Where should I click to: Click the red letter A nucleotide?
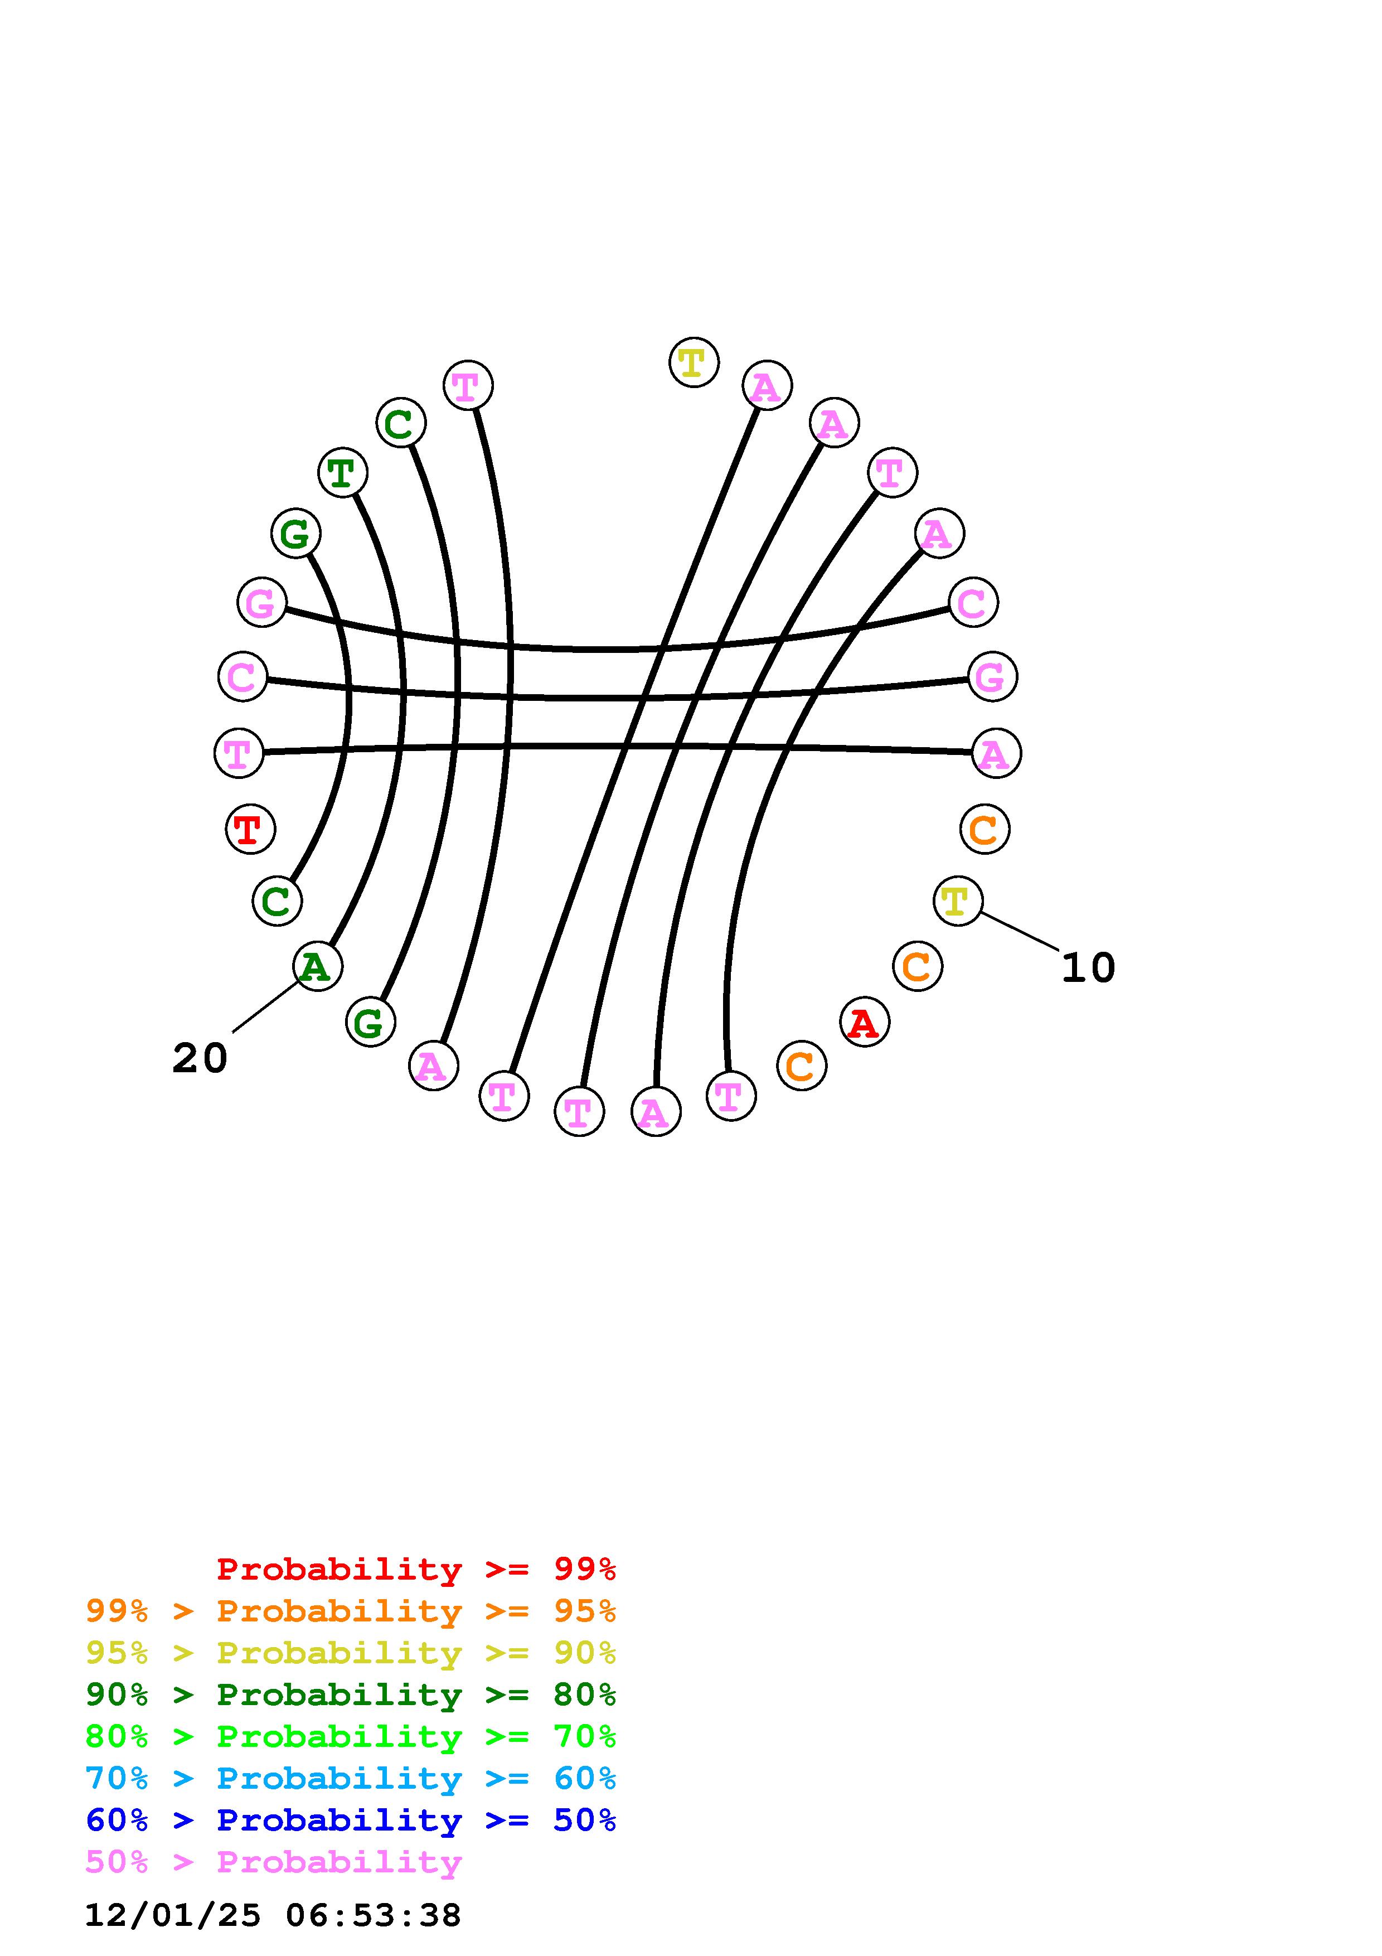point(864,1021)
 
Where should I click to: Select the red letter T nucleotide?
point(250,828)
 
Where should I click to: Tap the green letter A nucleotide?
point(317,966)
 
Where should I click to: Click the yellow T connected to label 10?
point(957,900)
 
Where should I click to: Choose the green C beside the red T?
point(277,900)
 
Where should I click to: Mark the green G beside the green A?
point(370,1021)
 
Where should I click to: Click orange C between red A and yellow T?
point(917,966)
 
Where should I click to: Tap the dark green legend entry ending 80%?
point(351,1695)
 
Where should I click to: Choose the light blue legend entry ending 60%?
point(351,1779)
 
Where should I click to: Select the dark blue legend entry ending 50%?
point(351,1821)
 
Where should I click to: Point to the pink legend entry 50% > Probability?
point(273,1862)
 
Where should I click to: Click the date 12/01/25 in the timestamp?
point(173,1915)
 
